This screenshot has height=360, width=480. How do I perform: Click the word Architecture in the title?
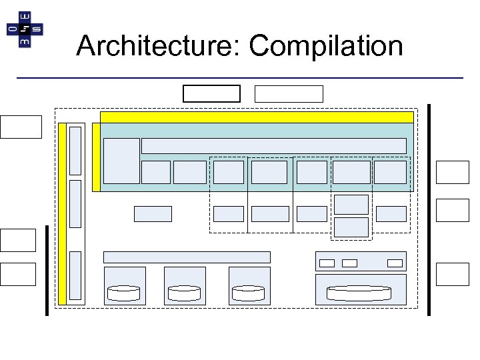coord(158,46)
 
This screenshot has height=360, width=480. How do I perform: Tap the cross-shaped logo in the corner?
coord(25,29)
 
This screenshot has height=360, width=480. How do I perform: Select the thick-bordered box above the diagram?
coord(211,93)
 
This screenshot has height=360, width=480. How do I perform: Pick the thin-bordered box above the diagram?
coord(289,93)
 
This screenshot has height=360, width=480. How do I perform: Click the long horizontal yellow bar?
coord(256,117)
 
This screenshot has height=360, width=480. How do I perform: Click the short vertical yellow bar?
coord(96,157)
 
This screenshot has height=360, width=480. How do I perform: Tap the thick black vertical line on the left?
coord(47,269)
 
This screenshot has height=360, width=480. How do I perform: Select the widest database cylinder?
coord(358,292)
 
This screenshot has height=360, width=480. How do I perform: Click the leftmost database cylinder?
coord(124,292)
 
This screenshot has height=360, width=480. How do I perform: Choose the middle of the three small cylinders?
coord(184,292)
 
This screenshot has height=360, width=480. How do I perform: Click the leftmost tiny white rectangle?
coord(327,263)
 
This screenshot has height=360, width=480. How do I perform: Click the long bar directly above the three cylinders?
coord(187,257)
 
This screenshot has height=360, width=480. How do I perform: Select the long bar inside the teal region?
coord(273,146)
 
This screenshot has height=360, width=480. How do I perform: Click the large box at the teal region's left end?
coord(122,161)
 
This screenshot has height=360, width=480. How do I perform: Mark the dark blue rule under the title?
coord(239,79)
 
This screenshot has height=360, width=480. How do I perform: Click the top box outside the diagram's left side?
coord(21,127)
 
